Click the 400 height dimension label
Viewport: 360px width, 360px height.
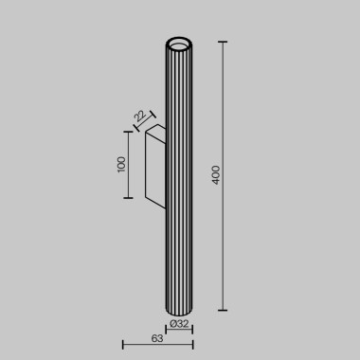pyautogui.click(x=215, y=176)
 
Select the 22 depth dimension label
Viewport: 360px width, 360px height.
pyautogui.click(x=139, y=116)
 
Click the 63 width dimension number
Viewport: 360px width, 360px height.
pyautogui.click(x=156, y=338)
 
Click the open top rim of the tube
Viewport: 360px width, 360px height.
pyautogui.click(x=179, y=44)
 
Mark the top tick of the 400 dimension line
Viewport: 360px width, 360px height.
pyautogui.click(x=224, y=43)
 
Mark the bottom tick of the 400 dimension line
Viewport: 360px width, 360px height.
pyautogui.click(x=224, y=310)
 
